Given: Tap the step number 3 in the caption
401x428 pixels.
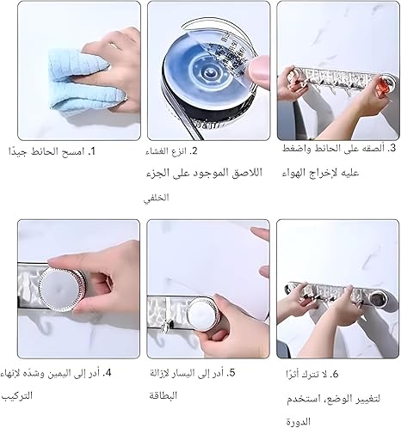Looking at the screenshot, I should [x=392, y=148].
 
